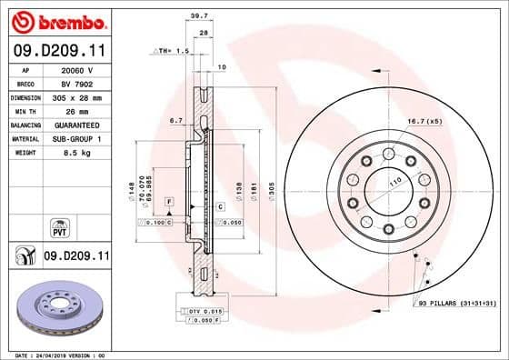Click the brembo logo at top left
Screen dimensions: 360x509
coord(56,20)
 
